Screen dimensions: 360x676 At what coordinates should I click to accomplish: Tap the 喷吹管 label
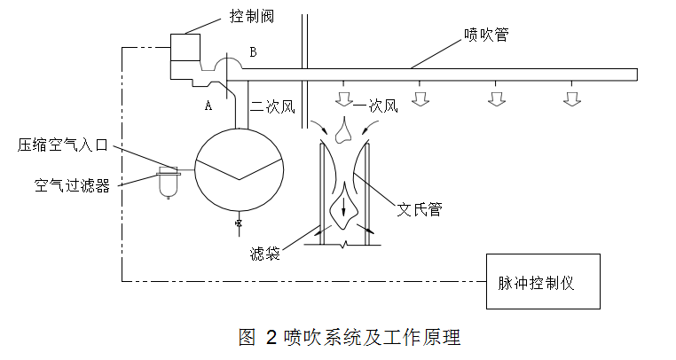(486, 35)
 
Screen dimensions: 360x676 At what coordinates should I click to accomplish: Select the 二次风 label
(271, 106)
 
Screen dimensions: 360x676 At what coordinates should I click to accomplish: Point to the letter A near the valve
(208, 105)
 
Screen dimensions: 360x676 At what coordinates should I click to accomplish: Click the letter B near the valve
(253, 53)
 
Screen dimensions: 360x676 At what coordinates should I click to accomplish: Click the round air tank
(239, 168)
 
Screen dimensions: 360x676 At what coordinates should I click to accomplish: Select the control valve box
(186, 51)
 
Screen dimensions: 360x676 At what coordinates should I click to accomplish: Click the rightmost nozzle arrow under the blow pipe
(572, 98)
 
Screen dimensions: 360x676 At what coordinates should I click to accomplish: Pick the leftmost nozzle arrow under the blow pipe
(342, 97)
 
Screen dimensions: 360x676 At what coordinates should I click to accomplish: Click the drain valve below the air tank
(239, 223)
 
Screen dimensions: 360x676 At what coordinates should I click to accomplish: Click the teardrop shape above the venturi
(346, 131)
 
